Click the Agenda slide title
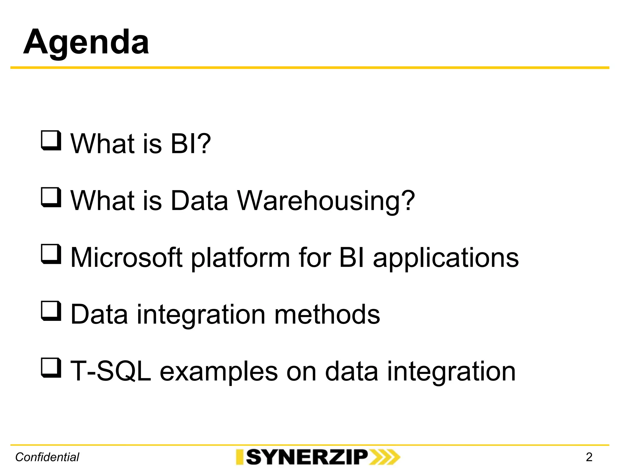point(86,42)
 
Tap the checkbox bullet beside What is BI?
point(51,140)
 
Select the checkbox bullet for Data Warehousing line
point(51,197)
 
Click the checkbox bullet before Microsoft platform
point(51,254)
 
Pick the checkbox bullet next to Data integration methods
point(51,311)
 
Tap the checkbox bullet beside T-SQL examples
point(51,368)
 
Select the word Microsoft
point(126,257)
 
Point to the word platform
point(240,258)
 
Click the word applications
point(446,258)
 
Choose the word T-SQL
point(110,371)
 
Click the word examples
point(219,372)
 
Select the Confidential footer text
point(47,457)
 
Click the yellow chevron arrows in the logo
point(385,457)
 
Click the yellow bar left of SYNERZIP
point(240,457)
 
